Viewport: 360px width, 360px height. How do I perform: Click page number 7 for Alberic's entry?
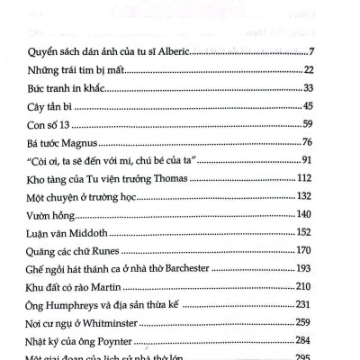[x=335, y=48]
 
